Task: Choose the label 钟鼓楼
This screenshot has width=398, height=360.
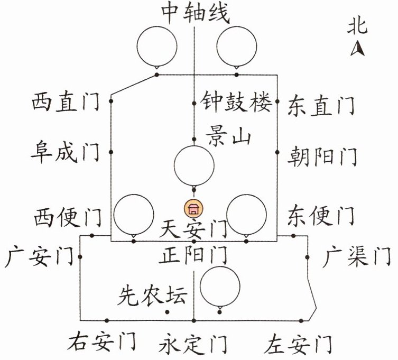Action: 236,100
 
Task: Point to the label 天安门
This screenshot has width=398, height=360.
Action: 193,229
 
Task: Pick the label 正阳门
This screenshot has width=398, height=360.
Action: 193,257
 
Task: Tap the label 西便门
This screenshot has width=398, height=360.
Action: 68,216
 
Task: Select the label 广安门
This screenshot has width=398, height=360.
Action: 38,257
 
